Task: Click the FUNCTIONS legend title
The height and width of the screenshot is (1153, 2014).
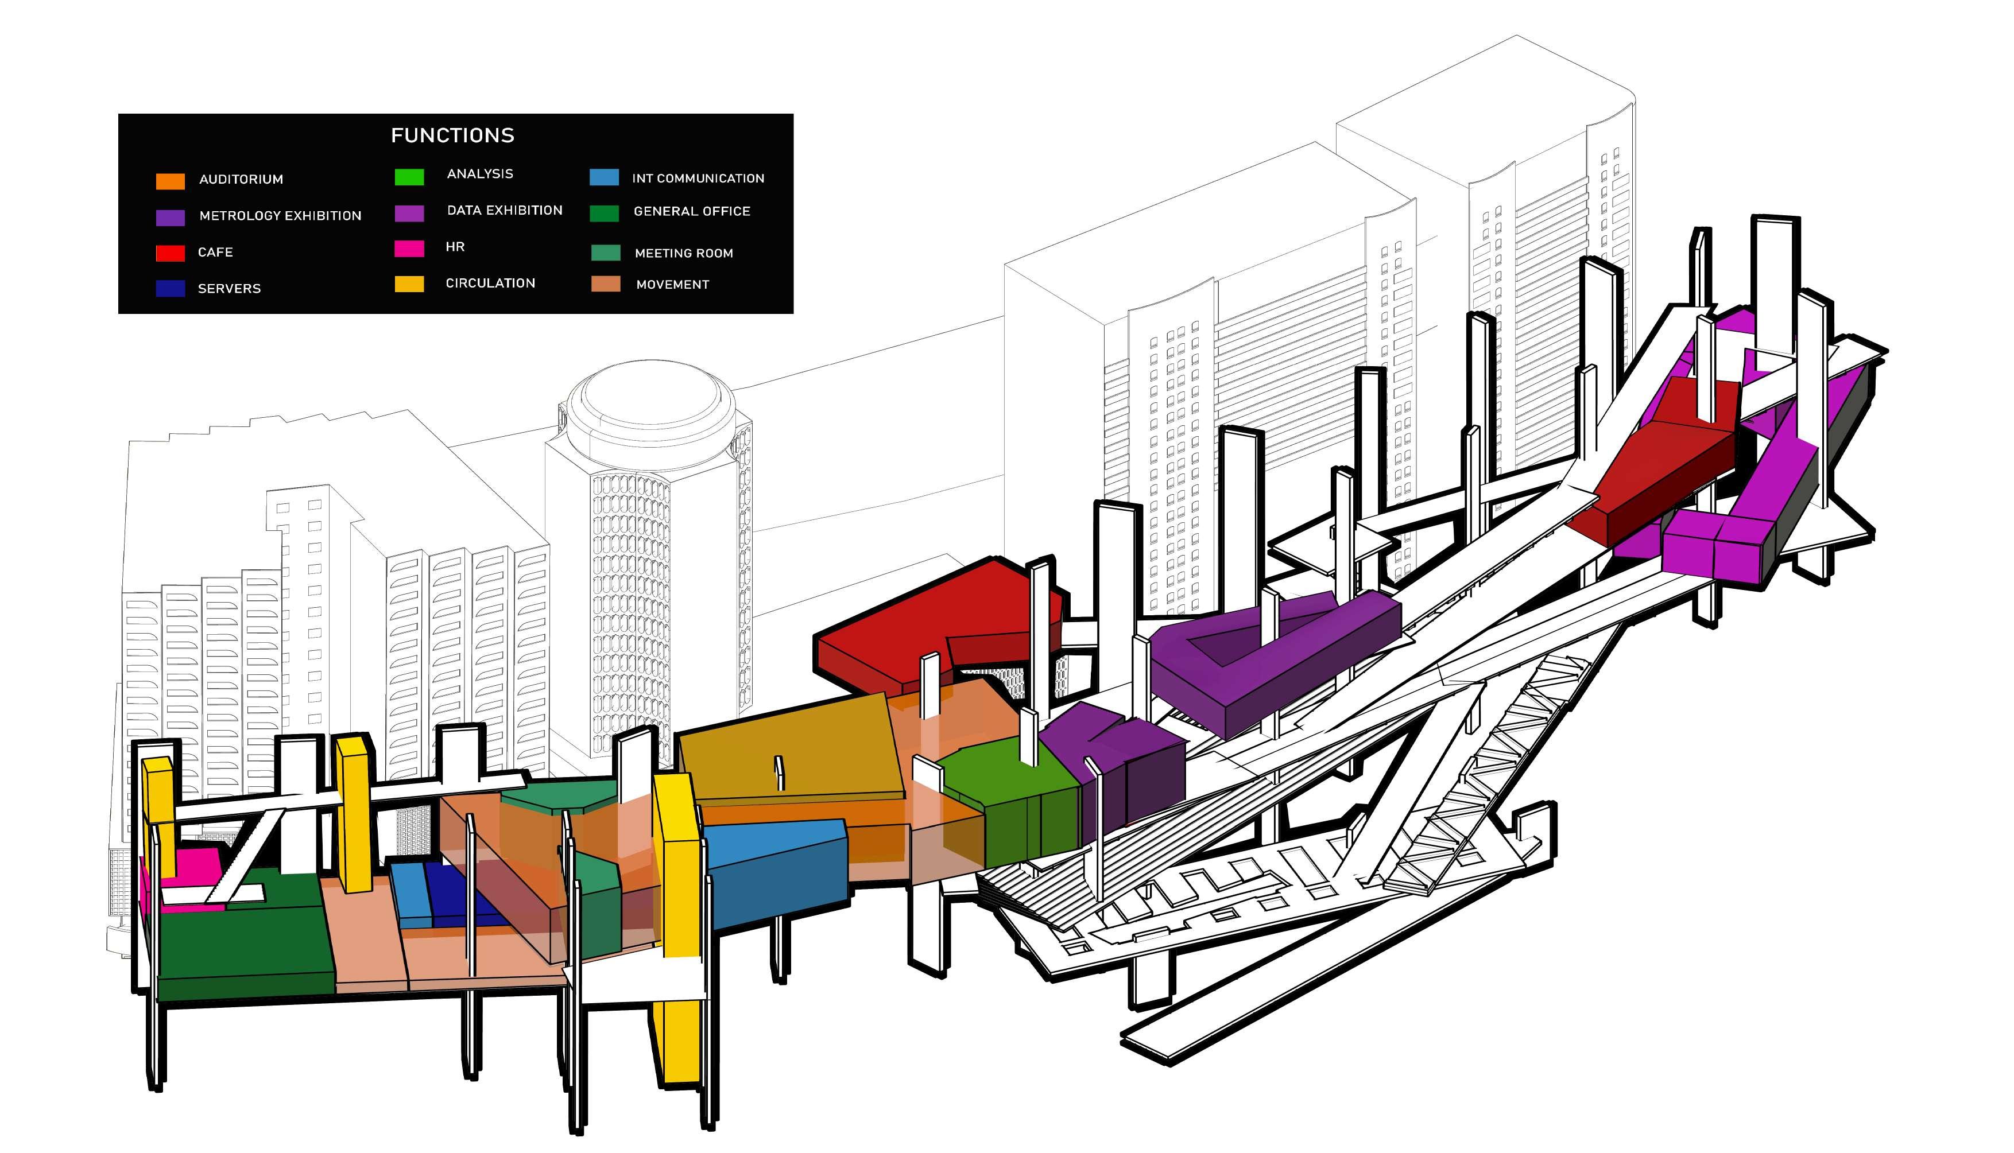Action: [x=452, y=135]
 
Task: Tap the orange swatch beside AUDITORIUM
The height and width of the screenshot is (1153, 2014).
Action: [x=171, y=181]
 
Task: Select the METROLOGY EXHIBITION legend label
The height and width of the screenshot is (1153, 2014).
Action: [x=280, y=215]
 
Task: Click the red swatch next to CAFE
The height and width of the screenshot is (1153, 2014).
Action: [x=171, y=254]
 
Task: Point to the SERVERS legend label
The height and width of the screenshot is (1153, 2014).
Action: [x=229, y=288]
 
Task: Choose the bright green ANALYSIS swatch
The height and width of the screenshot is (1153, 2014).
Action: [x=409, y=177]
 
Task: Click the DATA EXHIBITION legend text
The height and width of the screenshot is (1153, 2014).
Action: [x=505, y=210]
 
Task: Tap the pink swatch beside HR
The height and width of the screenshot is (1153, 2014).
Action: [x=409, y=249]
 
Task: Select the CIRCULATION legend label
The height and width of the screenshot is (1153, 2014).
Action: [x=490, y=283]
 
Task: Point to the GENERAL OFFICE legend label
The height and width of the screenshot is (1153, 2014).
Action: [x=691, y=211]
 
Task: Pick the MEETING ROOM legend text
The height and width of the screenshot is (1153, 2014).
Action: [x=683, y=254]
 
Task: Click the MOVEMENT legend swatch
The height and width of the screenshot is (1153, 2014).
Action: [x=605, y=284]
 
